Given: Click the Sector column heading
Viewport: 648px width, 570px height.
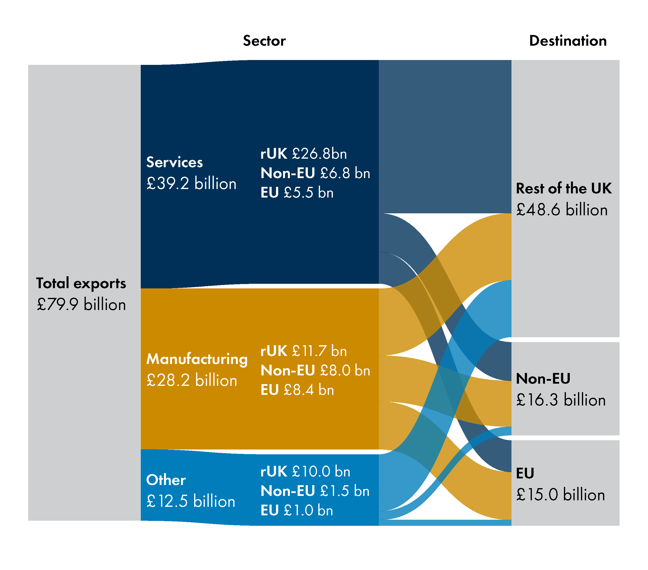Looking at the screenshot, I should click(x=264, y=41).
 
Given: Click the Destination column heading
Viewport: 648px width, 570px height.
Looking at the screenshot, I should click(x=568, y=41).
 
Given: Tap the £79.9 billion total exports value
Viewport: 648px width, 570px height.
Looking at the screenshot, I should click(x=81, y=304).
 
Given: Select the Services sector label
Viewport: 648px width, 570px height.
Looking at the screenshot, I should click(x=174, y=162).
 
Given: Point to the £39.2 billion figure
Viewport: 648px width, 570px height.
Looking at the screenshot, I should click(x=191, y=183).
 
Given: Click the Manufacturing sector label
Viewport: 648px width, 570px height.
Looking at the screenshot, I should click(x=197, y=359).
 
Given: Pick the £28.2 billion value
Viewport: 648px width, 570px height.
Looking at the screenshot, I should click(x=191, y=380).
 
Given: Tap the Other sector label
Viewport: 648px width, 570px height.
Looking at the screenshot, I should click(x=166, y=480).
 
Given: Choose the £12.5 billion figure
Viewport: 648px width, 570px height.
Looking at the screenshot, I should click(x=190, y=501).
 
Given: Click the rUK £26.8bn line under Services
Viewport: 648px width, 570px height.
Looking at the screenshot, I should click(x=303, y=154).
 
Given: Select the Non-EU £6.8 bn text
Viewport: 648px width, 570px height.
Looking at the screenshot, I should click(x=315, y=173).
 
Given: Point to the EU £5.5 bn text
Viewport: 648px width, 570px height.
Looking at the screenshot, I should click(x=297, y=192).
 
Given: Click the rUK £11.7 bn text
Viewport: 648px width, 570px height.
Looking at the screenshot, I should click(x=303, y=351).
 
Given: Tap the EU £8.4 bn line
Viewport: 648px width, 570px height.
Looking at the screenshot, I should click(x=297, y=390).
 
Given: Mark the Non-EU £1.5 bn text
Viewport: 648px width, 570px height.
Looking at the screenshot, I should click(x=315, y=491).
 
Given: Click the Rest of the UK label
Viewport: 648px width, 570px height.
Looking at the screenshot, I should click(x=563, y=188).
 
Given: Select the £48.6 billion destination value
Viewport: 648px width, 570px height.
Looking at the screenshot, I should click(x=562, y=209).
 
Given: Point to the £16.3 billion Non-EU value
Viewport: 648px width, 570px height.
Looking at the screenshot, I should click(x=561, y=399).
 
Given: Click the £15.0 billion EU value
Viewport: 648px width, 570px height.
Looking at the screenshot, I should click(x=560, y=494).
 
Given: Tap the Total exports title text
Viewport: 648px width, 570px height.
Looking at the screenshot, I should click(x=81, y=283).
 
